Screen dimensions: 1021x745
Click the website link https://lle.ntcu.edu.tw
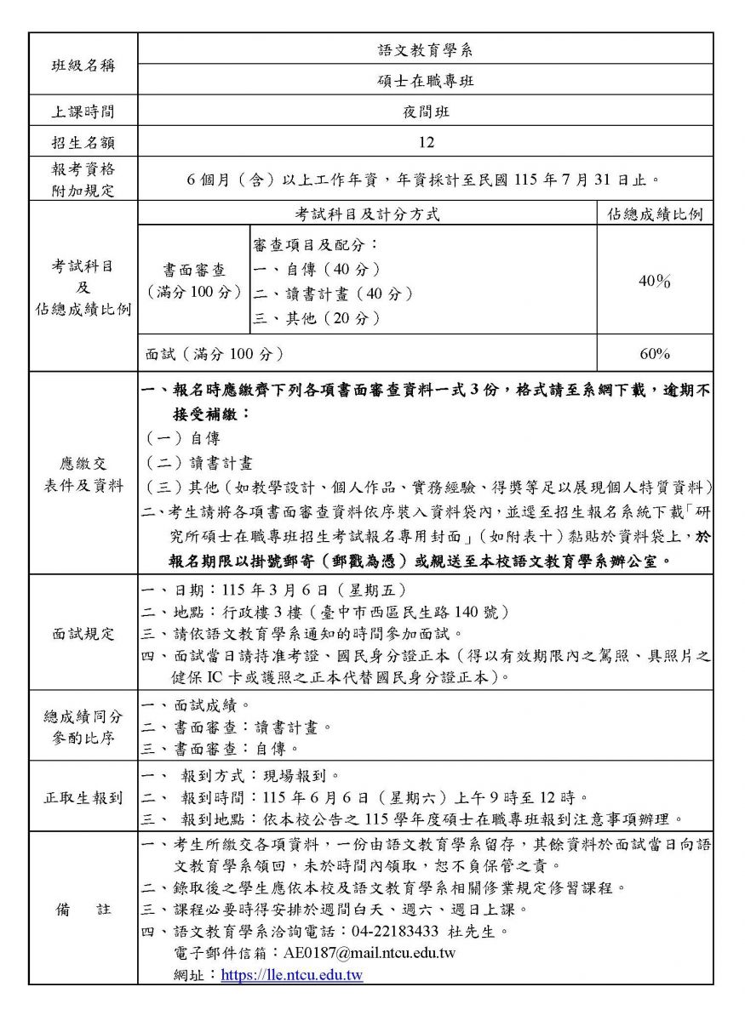(x=292, y=975)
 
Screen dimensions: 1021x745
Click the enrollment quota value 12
(x=426, y=142)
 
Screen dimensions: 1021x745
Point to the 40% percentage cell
(x=655, y=281)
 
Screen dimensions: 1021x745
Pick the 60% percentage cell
(x=655, y=353)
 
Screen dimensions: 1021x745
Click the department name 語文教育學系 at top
(x=426, y=49)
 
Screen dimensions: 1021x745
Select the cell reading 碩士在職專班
(x=426, y=81)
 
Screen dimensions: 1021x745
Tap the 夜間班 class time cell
(x=426, y=111)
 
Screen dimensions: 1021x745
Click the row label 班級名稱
(x=83, y=65)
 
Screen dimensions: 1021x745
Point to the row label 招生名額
(x=83, y=142)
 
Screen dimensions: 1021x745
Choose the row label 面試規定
(x=83, y=633)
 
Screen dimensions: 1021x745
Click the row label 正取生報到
(x=83, y=798)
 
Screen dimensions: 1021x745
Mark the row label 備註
(x=83, y=910)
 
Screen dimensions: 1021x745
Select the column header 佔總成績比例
(x=655, y=214)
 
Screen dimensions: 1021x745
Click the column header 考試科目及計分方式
(x=368, y=214)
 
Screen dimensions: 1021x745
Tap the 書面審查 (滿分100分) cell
(x=194, y=281)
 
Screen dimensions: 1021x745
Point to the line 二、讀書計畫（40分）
(x=334, y=294)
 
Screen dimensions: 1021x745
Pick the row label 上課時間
(x=83, y=111)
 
